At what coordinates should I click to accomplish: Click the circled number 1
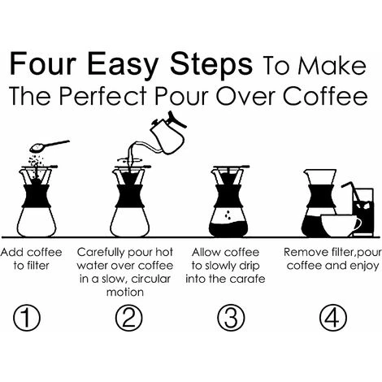click(27, 317)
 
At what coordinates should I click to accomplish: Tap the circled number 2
click(128, 317)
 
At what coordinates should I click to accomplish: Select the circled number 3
click(231, 317)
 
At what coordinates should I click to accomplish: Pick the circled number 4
click(333, 317)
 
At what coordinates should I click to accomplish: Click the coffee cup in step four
click(341, 226)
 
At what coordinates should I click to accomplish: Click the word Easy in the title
click(122, 65)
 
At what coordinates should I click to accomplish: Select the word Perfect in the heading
click(103, 96)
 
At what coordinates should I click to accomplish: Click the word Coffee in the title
click(325, 96)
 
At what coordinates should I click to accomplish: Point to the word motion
click(125, 293)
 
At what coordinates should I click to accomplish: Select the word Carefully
click(100, 253)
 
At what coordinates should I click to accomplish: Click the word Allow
click(202, 252)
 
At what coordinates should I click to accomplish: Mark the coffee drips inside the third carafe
click(228, 215)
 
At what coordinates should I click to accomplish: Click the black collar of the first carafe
click(37, 196)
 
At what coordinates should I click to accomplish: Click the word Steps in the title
click(211, 65)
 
